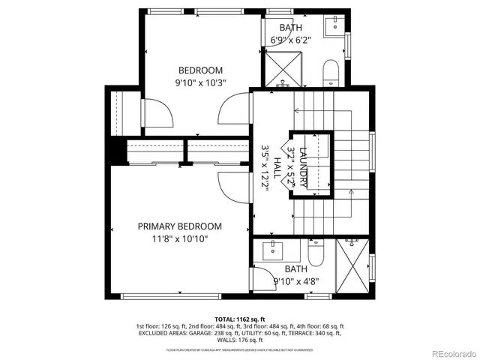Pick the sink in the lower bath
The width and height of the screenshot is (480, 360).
271,249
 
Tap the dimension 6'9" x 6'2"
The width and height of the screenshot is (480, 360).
289,41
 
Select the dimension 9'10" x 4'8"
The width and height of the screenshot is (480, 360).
295,281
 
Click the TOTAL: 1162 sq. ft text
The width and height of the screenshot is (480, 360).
239,319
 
